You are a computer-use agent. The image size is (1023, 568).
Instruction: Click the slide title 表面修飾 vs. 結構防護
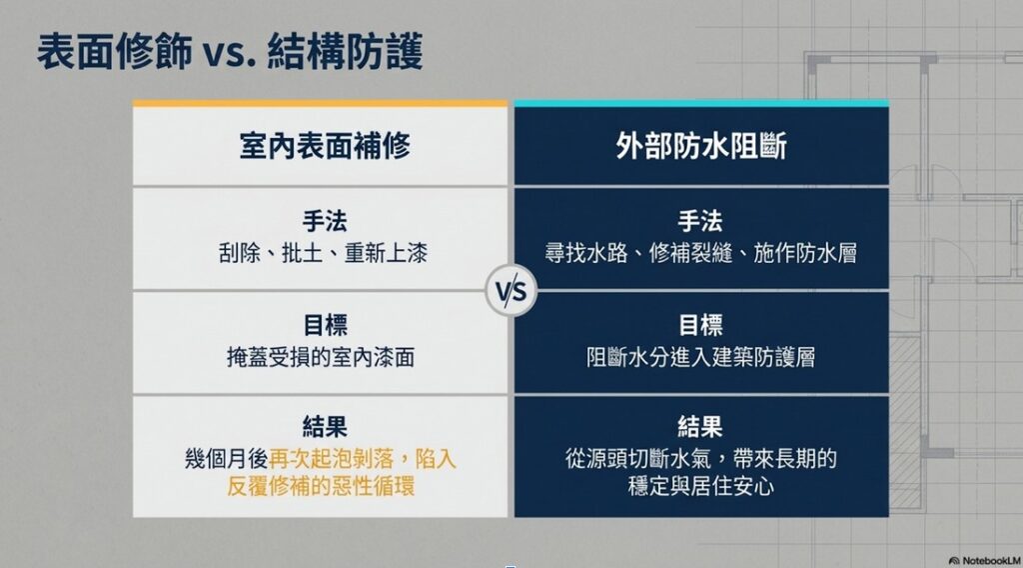[x=231, y=52]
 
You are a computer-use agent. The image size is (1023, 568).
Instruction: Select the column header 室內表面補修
[x=325, y=146]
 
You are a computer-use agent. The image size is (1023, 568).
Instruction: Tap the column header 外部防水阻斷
[x=701, y=146]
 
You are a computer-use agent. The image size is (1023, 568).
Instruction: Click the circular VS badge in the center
[x=511, y=291]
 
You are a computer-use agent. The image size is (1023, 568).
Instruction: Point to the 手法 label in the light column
[x=325, y=221]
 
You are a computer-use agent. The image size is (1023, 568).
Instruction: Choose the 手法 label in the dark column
[x=700, y=221]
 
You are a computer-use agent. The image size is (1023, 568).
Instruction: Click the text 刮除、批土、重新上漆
[x=323, y=253]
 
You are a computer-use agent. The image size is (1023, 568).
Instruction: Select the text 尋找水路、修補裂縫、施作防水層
[x=701, y=253]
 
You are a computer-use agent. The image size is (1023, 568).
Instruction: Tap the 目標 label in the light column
[x=325, y=325]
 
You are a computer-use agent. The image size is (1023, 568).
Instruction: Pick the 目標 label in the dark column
[x=700, y=325]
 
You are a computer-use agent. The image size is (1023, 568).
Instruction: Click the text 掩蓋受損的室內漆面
[x=321, y=357]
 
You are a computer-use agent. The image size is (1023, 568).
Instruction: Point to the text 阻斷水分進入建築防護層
[x=700, y=357]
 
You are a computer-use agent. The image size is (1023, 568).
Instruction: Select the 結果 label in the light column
[x=325, y=427]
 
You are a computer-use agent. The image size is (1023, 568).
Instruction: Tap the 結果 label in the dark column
[x=700, y=427]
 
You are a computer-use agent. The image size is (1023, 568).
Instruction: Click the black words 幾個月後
[x=227, y=459]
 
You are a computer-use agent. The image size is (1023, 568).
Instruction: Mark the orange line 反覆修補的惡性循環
[x=321, y=486]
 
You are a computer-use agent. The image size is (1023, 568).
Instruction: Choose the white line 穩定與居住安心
[x=700, y=486]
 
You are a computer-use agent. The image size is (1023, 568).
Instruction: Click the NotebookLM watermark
[x=984, y=561]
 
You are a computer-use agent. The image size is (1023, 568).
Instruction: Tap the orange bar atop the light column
[x=320, y=103]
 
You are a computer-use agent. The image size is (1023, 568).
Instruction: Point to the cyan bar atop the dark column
[x=701, y=103]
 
